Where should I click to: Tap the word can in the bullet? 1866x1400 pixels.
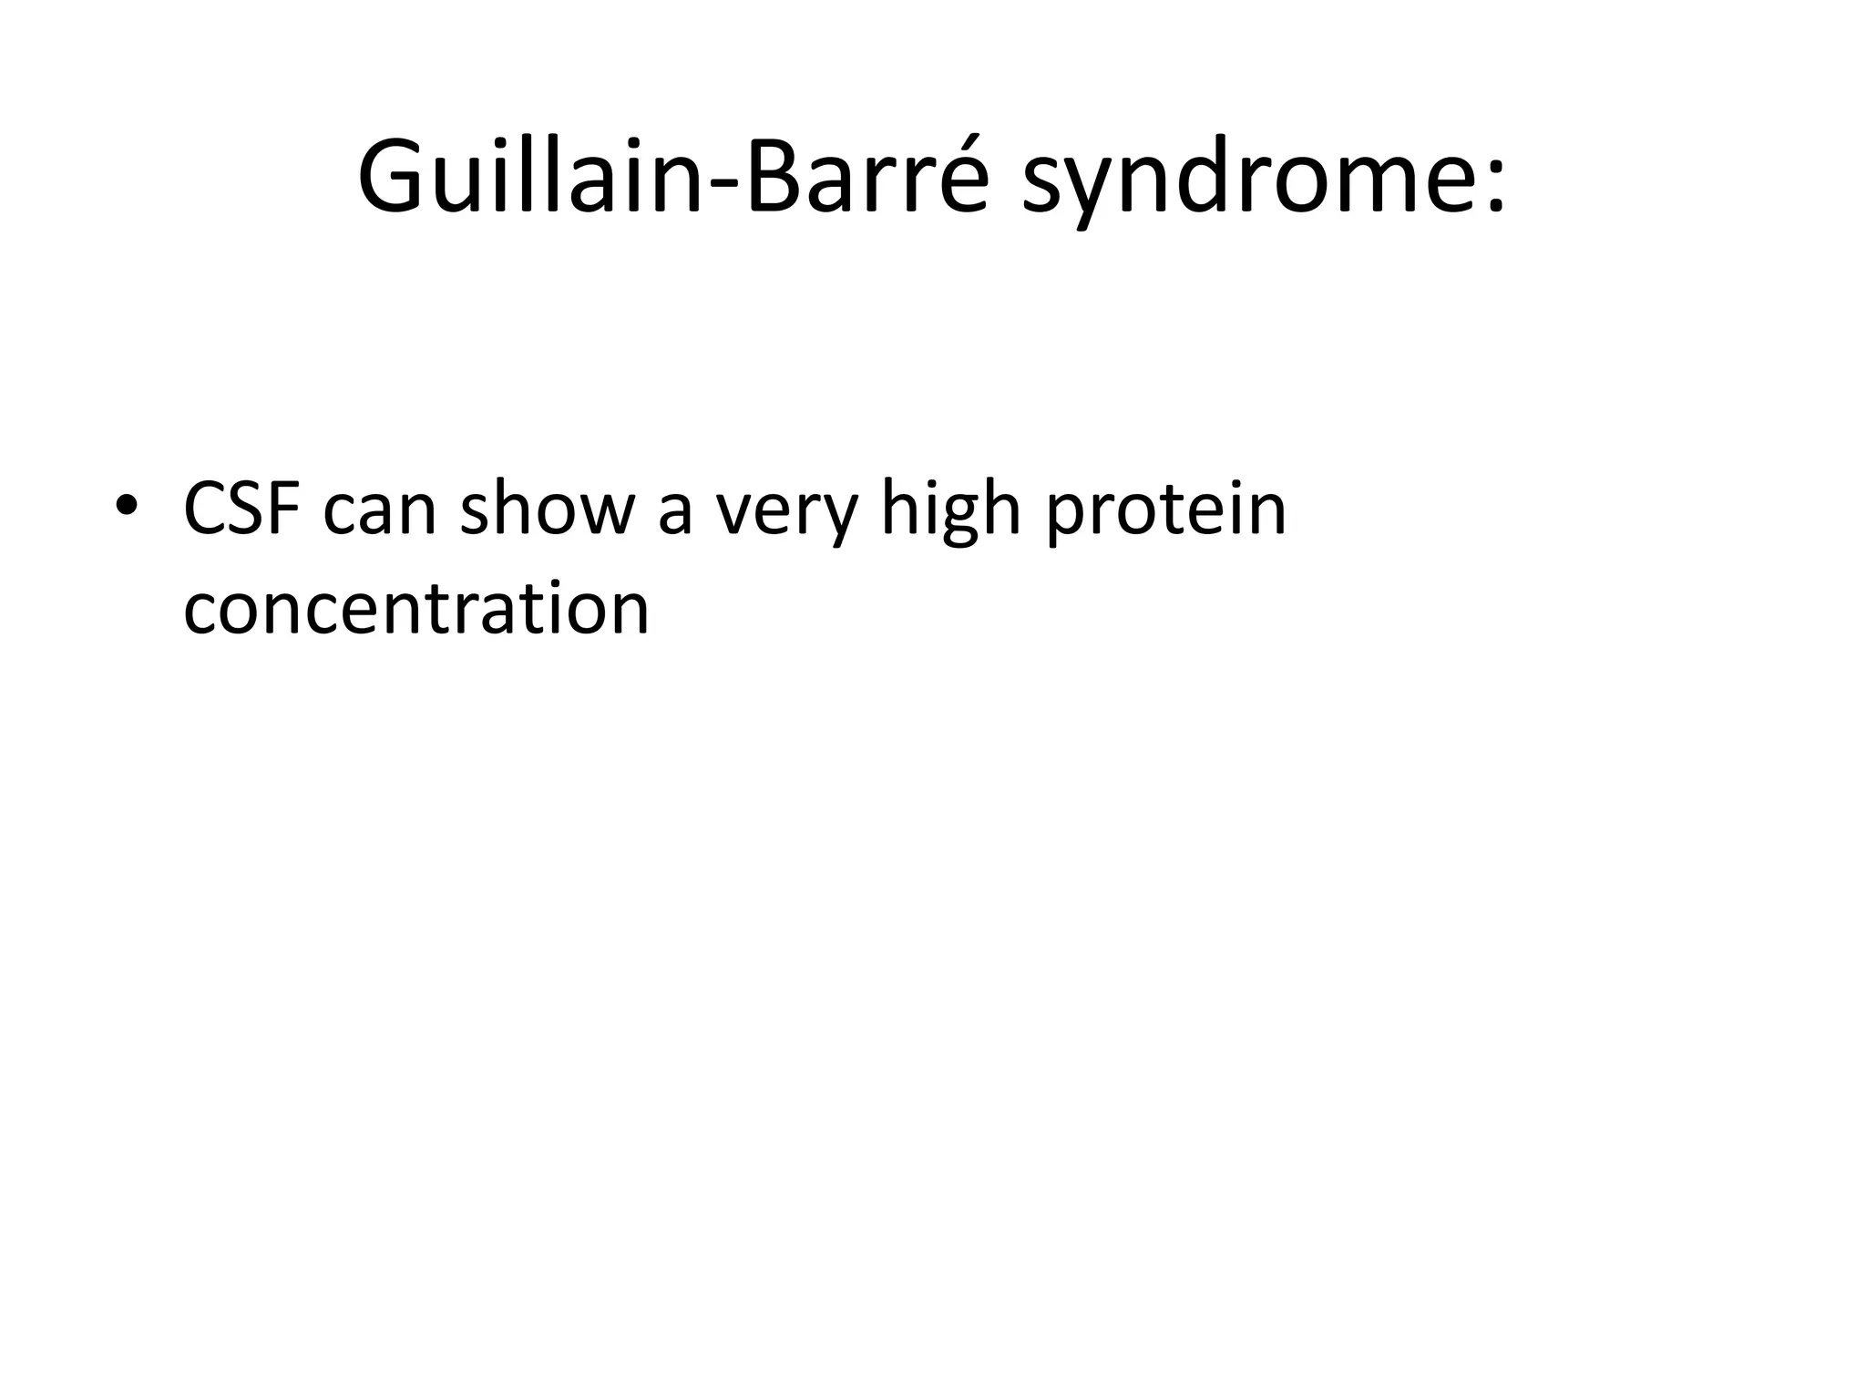point(380,515)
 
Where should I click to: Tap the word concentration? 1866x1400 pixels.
point(415,609)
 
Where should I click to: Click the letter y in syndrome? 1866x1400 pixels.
point(1098,191)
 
